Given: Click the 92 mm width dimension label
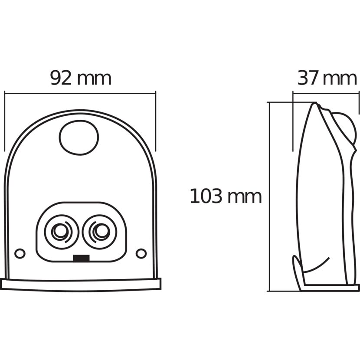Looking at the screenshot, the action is click(x=81, y=79).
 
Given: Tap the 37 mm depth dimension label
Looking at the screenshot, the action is click(x=327, y=79).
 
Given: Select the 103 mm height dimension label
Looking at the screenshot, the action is click(x=226, y=196).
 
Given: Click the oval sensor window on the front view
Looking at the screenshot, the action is click(x=79, y=137).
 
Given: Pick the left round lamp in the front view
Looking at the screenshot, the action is click(x=62, y=232).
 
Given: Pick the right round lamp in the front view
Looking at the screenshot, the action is click(x=100, y=232).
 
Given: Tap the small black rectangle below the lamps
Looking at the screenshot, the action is click(x=81, y=258).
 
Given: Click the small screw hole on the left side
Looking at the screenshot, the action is click(x=20, y=253).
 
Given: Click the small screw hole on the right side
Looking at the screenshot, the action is click(x=141, y=253).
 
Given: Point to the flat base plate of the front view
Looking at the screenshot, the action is click(x=81, y=285).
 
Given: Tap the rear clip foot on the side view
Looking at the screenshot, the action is click(x=297, y=273).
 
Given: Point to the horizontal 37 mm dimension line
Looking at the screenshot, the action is click(x=326, y=93).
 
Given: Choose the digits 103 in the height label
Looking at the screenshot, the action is click(x=206, y=196).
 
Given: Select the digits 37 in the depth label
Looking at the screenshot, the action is click(x=308, y=79).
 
